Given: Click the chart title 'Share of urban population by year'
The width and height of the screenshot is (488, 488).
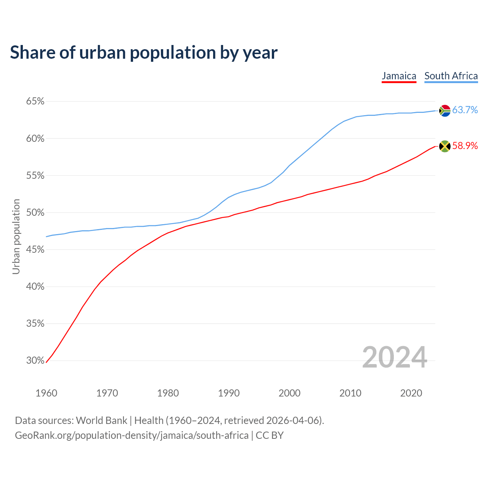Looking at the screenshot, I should click(x=144, y=53).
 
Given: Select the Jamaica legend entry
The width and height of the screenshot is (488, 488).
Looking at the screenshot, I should click(x=399, y=76).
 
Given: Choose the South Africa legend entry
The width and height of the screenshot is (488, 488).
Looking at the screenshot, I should click(x=451, y=76).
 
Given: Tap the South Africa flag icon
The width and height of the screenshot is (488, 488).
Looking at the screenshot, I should click(x=445, y=111).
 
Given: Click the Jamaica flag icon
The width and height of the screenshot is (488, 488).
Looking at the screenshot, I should click(x=445, y=146).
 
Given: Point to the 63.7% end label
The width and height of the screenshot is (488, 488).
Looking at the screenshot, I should click(x=465, y=110).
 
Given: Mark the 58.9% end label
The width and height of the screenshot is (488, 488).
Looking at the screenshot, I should click(x=465, y=146).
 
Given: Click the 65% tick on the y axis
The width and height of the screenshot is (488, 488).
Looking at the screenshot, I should click(x=35, y=101).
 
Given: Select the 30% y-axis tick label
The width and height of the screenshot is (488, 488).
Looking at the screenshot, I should click(x=35, y=361).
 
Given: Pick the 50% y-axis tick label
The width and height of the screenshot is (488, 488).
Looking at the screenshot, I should click(x=35, y=213).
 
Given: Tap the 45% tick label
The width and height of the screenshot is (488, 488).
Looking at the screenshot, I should click(x=35, y=250).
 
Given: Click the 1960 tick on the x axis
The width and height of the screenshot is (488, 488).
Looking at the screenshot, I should click(x=46, y=393).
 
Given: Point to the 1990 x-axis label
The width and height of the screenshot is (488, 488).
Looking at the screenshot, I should click(x=229, y=393).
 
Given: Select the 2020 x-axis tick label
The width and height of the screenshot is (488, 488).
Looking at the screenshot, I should click(x=411, y=393).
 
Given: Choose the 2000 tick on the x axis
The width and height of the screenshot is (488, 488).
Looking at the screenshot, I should click(x=289, y=393).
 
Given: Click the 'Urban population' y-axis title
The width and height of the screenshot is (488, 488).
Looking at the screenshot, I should click(x=16, y=236).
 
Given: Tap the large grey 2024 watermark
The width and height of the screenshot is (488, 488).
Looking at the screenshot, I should click(x=395, y=357).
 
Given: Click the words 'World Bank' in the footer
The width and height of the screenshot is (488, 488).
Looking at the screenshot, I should click(x=101, y=421).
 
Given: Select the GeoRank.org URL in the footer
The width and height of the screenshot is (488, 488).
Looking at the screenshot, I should click(x=132, y=435).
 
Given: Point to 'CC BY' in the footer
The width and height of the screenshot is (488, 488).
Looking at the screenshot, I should click(x=270, y=435).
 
